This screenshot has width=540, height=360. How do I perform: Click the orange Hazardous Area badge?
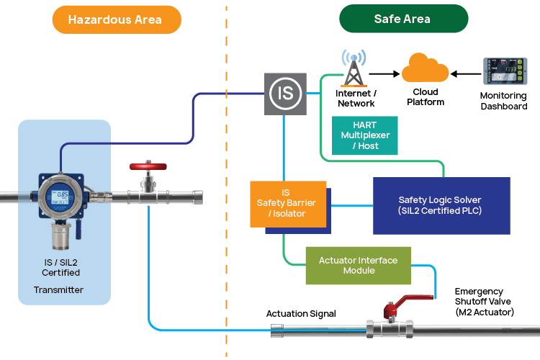click(x=116, y=19)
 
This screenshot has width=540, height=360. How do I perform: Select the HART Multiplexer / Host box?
click(x=364, y=135)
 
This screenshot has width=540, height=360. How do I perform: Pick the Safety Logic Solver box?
click(x=440, y=205)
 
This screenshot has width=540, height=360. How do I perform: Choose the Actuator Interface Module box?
click(x=358, y=266)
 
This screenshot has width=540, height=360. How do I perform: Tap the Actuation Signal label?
click(x=301, y=313)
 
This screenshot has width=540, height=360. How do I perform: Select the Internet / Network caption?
click(x=356, y=99)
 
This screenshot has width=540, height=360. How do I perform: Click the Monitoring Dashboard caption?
click(x=503, y=101)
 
